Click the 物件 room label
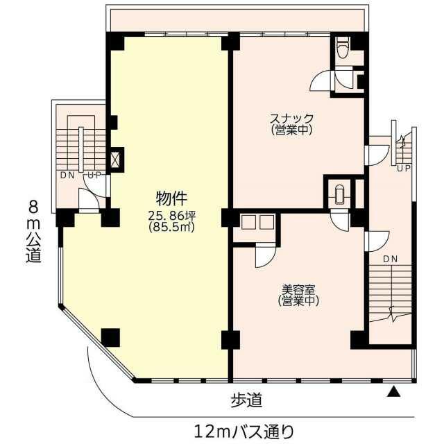[171, 198]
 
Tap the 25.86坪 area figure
[172, 216]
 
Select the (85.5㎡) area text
[172, 227]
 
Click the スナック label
[291, 118]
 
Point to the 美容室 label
[298, 289]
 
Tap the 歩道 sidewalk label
[246, 400]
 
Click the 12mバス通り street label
[244, 432]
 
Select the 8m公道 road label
[34, 231]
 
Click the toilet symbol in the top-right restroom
[343, 48]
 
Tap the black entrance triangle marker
[394, 392]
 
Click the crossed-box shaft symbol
[114, 160]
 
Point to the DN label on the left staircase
[68, 176]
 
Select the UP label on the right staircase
[404, 169]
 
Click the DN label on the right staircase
[391, 259]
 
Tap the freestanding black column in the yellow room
[110, 338]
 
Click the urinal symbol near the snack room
[339, 194]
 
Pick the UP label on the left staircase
[94, 176]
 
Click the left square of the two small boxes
[247, 222]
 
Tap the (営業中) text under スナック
[291, 130]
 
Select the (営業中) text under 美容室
[298, 300]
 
